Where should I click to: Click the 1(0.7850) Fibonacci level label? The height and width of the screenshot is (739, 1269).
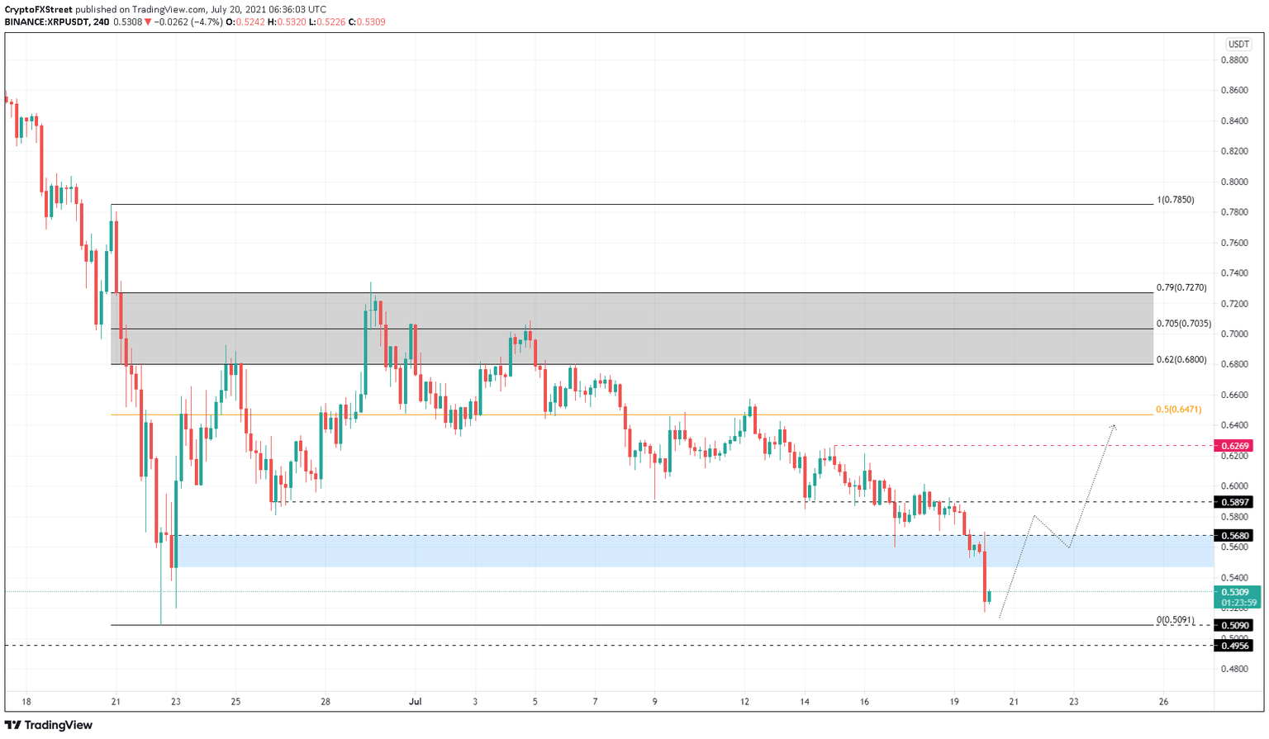1175,200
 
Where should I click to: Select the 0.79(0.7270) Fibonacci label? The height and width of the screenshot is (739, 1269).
1181,288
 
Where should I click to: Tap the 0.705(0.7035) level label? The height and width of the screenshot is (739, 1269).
1184,324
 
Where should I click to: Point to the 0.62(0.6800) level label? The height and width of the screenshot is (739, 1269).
1181,360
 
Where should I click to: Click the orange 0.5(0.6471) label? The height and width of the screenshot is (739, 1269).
1178,410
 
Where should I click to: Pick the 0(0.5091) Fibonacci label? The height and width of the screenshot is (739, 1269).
1175,620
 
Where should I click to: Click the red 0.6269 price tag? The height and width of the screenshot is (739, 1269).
1235,446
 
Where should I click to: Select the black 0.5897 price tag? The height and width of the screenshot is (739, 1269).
1235,502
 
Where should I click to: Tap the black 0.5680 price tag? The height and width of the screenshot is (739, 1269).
1235,536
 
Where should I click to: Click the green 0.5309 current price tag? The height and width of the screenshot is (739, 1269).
1235,592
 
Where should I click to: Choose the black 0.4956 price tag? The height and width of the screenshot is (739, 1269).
1235,646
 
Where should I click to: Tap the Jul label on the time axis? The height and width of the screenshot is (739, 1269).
415,702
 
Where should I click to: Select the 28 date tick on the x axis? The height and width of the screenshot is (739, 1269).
326,702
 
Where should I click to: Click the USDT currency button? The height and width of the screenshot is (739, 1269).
1238,45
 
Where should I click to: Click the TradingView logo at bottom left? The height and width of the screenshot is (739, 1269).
49,725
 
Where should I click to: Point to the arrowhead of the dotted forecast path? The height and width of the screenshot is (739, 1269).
1115,426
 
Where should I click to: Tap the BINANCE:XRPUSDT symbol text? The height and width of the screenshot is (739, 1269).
45,22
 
